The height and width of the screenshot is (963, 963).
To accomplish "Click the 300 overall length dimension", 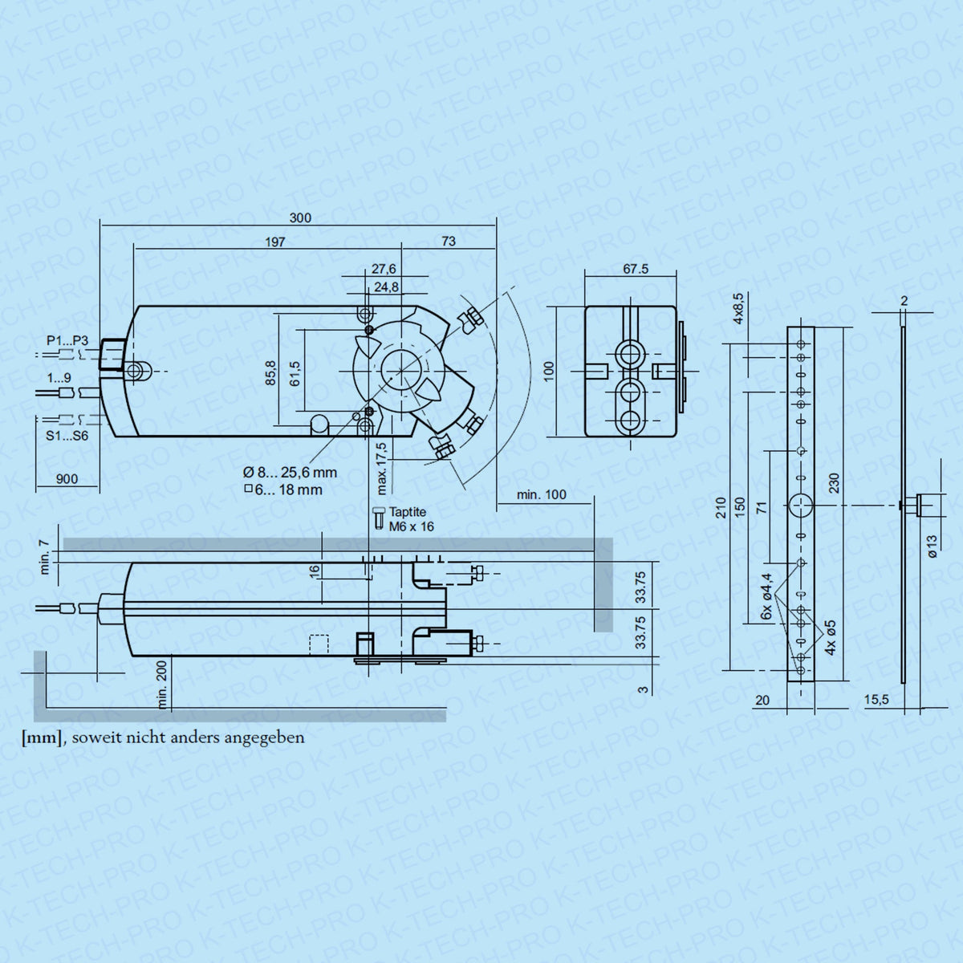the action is (300, 218).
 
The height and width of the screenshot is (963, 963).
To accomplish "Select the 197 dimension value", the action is (275, 242).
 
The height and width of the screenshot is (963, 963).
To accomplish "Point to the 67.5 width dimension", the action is (636, 269).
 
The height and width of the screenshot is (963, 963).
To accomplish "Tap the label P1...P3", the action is (67, 341).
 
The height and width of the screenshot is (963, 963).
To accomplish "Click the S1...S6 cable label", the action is (67, 436).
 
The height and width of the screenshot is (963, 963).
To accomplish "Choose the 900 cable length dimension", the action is (67, 479).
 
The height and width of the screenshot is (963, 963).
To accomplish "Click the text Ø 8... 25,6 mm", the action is (290, 472).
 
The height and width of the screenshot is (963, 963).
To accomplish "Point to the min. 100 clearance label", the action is (541, 495).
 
